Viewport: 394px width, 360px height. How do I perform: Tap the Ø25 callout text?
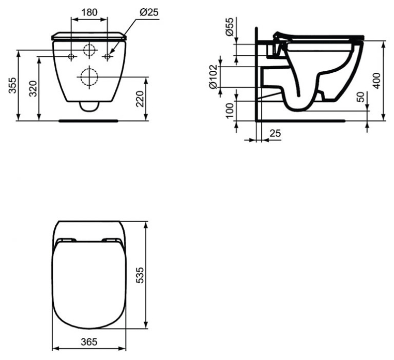(x=149, y=12)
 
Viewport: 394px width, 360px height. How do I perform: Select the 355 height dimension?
(x=12, y=85)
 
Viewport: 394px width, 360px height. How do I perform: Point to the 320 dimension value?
(x=33, y=89)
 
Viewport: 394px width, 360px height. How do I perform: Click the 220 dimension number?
(x=140, y=99)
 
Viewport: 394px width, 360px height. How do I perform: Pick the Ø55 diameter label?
(x=230, y=27)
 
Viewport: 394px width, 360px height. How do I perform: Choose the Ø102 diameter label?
(x=213, y=76)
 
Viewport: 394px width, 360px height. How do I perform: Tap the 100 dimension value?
(x=230, y=111)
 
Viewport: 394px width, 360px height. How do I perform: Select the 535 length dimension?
(x=140, y=275)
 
